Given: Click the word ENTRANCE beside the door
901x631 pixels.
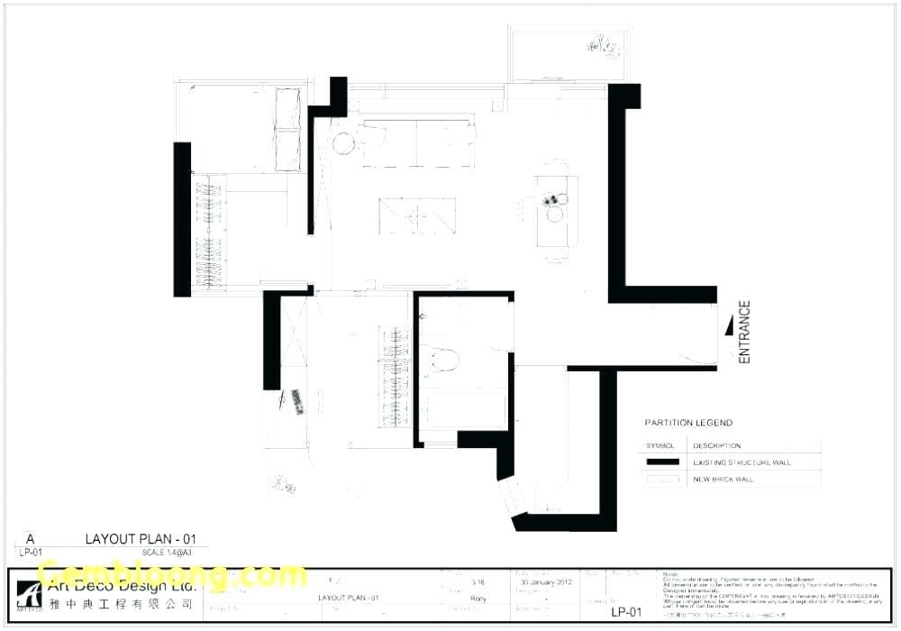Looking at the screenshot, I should point(744,333).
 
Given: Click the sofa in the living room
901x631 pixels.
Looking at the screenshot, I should point(416,142).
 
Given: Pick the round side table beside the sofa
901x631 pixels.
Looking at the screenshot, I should point(343,142).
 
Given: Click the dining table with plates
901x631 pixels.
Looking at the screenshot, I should point(556,211).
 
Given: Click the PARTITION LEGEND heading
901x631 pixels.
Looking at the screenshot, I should point(688,423).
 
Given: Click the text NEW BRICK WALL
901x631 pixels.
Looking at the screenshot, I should point(723,480).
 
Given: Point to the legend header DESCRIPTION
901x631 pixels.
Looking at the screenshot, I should point(716,446).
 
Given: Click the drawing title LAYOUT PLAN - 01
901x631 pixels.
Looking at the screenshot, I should point(140,539).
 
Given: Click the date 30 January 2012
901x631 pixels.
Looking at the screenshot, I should point(547,582).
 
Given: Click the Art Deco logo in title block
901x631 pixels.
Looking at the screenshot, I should point(32,594).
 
